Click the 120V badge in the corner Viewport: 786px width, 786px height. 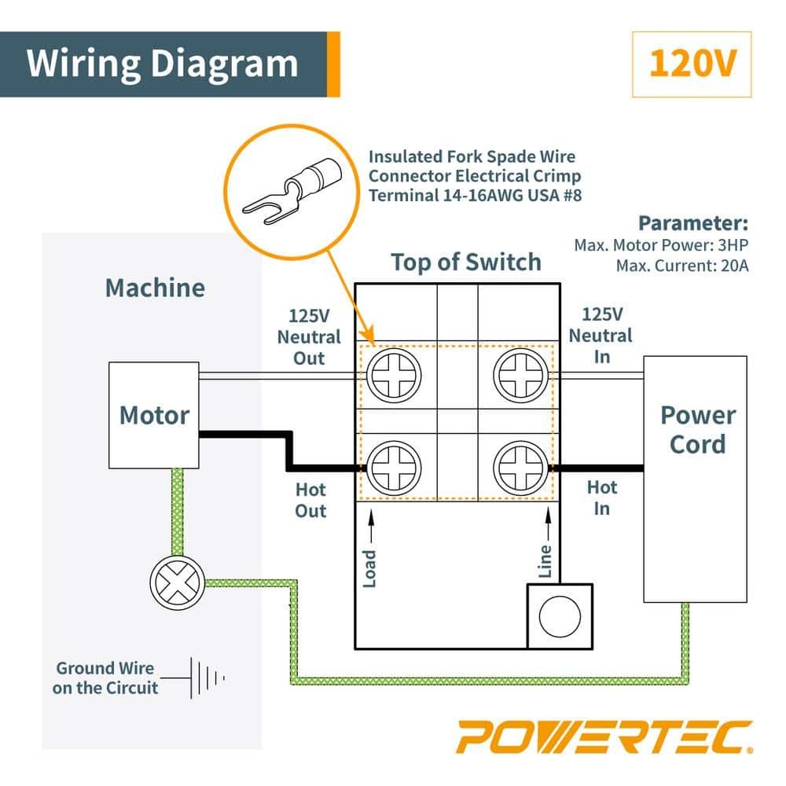point(692,64)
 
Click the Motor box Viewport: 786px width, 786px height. point(154,414)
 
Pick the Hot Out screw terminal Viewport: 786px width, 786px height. point(392,468)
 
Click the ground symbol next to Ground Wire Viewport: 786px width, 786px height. point(206,677)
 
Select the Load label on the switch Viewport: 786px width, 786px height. point(369,567)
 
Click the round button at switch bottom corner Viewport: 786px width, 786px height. point(560,616)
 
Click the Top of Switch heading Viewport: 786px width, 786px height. point(466,262)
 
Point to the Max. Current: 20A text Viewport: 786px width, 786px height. point(683,266)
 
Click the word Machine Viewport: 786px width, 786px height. point(155,288)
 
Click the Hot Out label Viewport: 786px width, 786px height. point(310,501)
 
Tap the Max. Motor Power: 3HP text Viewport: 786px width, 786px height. point(661,245)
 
